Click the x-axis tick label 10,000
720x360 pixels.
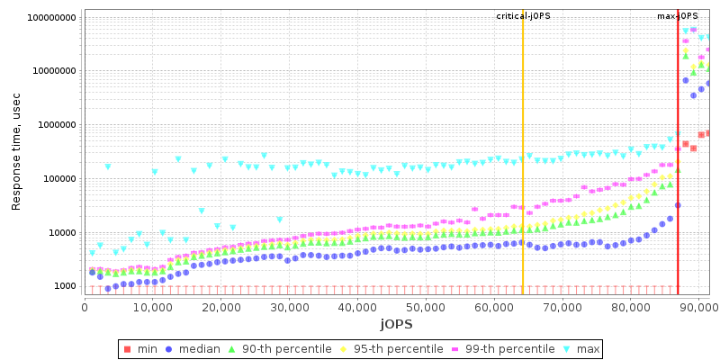[x=152, y=306]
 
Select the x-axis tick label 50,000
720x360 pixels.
[x=426, y=306]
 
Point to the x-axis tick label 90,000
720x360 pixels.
[x=698, y=306]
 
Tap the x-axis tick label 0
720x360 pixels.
[x=85, y=306]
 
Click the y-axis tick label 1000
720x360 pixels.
[x=62, y=286]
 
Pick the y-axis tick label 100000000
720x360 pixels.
[x=46, y=17]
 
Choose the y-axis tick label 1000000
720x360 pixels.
[x=51, y=125]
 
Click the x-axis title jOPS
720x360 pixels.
[x=396, y=322]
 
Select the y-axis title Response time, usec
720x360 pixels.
[x=16, y=150]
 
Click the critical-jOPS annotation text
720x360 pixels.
[x=523, y=16]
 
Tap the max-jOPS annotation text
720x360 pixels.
[x=678, y=16]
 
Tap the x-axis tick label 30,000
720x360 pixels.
[x=289, y=306]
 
